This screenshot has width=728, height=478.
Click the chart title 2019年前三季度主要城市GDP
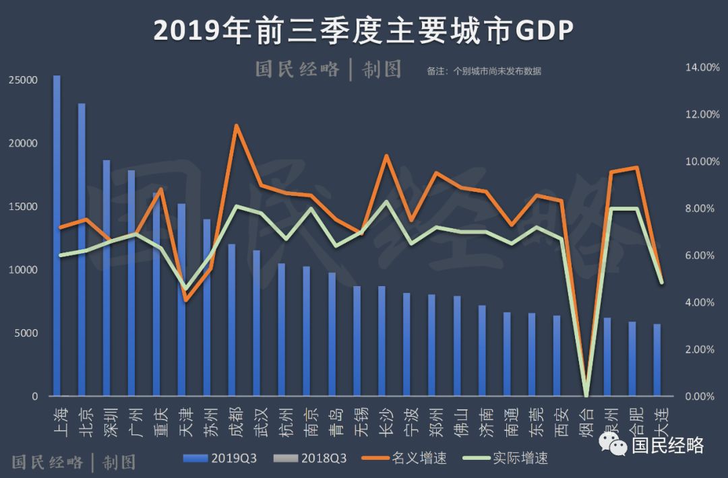pyautogui.click(x=363, y=31)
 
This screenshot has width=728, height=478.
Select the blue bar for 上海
pyautogui.click(x=57, y=236)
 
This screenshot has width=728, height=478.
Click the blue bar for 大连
pyautogui.click(x=657, y=360)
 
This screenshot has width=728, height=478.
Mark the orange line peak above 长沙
pyautogui.click(x=386, y=156)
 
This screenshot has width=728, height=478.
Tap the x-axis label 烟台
pyautogui.click(x=586, y=421)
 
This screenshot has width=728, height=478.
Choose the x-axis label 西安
pyautogui.click(x=562, y=421)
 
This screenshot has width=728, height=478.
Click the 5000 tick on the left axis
pyautogui.click(x=26, y=333)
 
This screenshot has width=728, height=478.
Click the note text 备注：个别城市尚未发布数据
pyautogui.click(x=483, y=71)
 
